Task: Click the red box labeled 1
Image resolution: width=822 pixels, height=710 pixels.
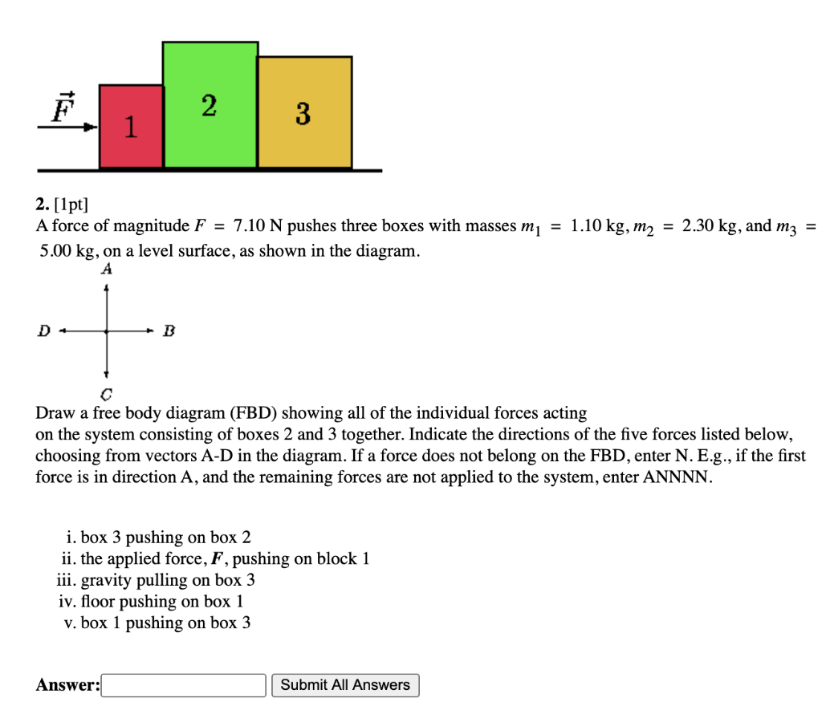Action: (130, 126)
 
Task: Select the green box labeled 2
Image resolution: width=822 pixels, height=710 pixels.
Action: (210, 105)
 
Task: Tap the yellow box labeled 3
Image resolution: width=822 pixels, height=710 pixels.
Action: (304, 112)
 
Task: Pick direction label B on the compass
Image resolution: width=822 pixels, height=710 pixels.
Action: (168, 330)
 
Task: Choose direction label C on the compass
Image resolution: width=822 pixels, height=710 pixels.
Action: (106, 394)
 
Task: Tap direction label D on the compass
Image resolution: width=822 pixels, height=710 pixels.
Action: (43, 330)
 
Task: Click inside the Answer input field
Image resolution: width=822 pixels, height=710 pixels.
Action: (184, 685)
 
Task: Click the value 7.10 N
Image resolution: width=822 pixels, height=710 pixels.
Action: (259, 225)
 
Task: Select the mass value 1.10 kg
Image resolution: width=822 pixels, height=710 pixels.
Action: (598, 225)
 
